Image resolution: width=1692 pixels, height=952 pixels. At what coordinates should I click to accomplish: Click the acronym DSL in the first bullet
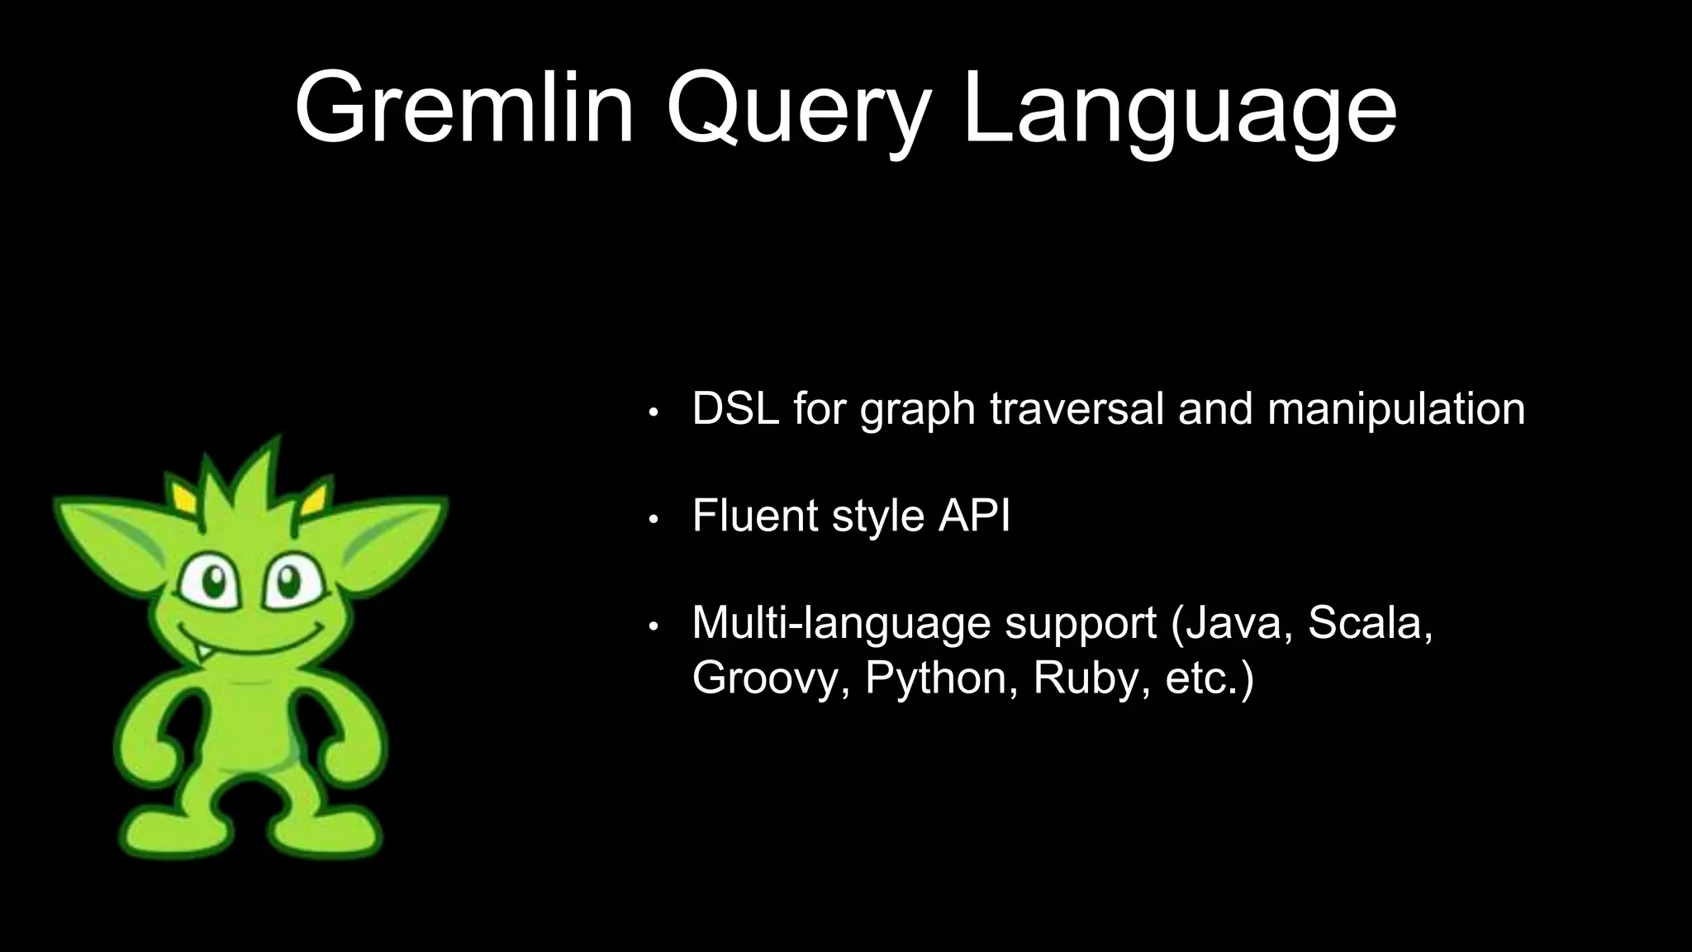[735, 408]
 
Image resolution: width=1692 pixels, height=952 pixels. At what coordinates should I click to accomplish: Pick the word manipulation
[1395, 408]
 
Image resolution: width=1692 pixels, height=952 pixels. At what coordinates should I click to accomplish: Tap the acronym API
[974, 516]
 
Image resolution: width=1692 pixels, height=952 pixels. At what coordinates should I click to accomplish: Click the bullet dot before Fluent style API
[653, 519]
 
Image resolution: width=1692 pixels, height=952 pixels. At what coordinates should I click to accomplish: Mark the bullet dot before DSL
[653, 412]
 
